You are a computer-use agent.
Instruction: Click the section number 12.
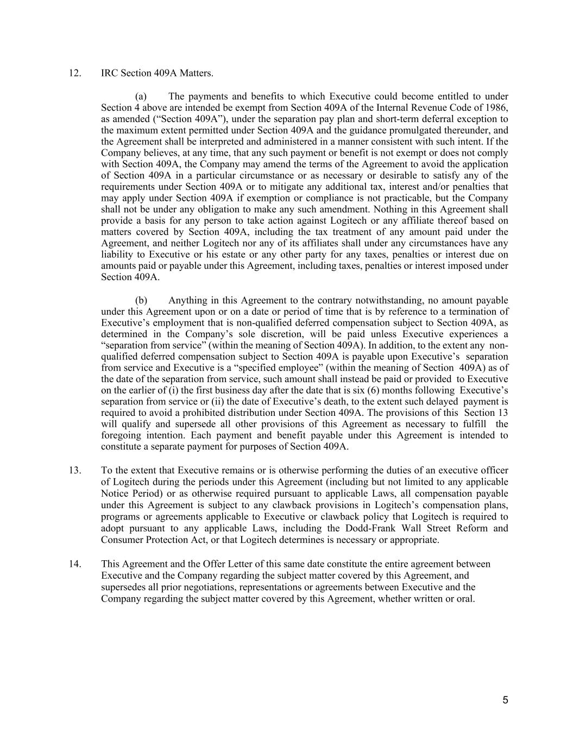click(75, 73)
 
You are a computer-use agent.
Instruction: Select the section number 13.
click(75, 470)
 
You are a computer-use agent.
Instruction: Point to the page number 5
click(505, 700)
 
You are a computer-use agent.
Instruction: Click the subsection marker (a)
click(141, 96)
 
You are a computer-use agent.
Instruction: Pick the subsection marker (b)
click(141, 300)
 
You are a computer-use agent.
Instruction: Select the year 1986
click(498, 107)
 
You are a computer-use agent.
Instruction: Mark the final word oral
click(465, 598)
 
